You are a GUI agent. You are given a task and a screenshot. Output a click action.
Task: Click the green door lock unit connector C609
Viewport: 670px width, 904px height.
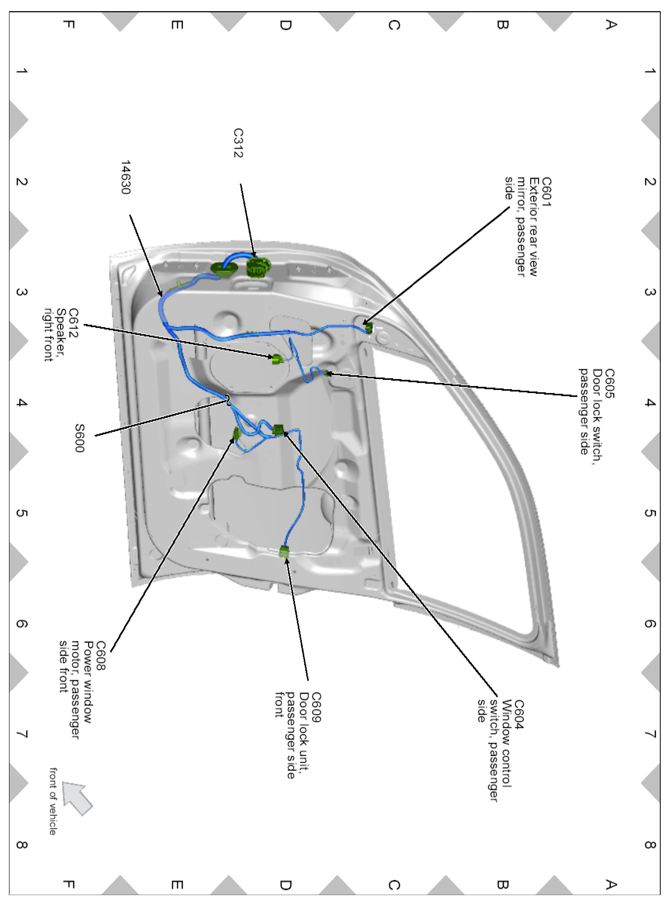click(284, 551)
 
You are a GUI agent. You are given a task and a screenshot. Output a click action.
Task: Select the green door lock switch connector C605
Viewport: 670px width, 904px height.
click(328, 373)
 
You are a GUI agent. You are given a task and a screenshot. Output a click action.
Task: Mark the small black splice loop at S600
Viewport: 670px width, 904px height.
click(228, 399)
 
